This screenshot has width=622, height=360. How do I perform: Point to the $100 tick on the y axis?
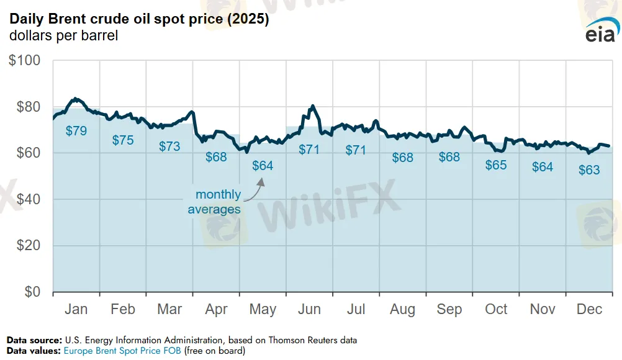click(x=24, y=61)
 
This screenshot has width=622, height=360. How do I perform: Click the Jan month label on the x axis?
click(x=76, y=309)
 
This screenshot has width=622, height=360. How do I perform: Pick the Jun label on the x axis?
click(x=309, y=309)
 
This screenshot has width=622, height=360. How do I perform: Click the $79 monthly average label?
click(x=76, y=131)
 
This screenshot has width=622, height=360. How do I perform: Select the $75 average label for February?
click(x=123, y=140)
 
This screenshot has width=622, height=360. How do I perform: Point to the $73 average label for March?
click(x=169, y=146)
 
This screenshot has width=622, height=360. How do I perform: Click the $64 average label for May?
click(x=263, y=166)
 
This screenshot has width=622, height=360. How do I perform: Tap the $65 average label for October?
click(x=496, y=165)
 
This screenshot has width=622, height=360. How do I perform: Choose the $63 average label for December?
click(x=589, y=170)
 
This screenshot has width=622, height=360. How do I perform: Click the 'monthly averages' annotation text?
click(x=214, y=202)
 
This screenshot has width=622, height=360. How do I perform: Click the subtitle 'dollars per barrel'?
click(x=63, y=35)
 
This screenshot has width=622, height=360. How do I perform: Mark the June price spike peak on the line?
click(x=313, y=106)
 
